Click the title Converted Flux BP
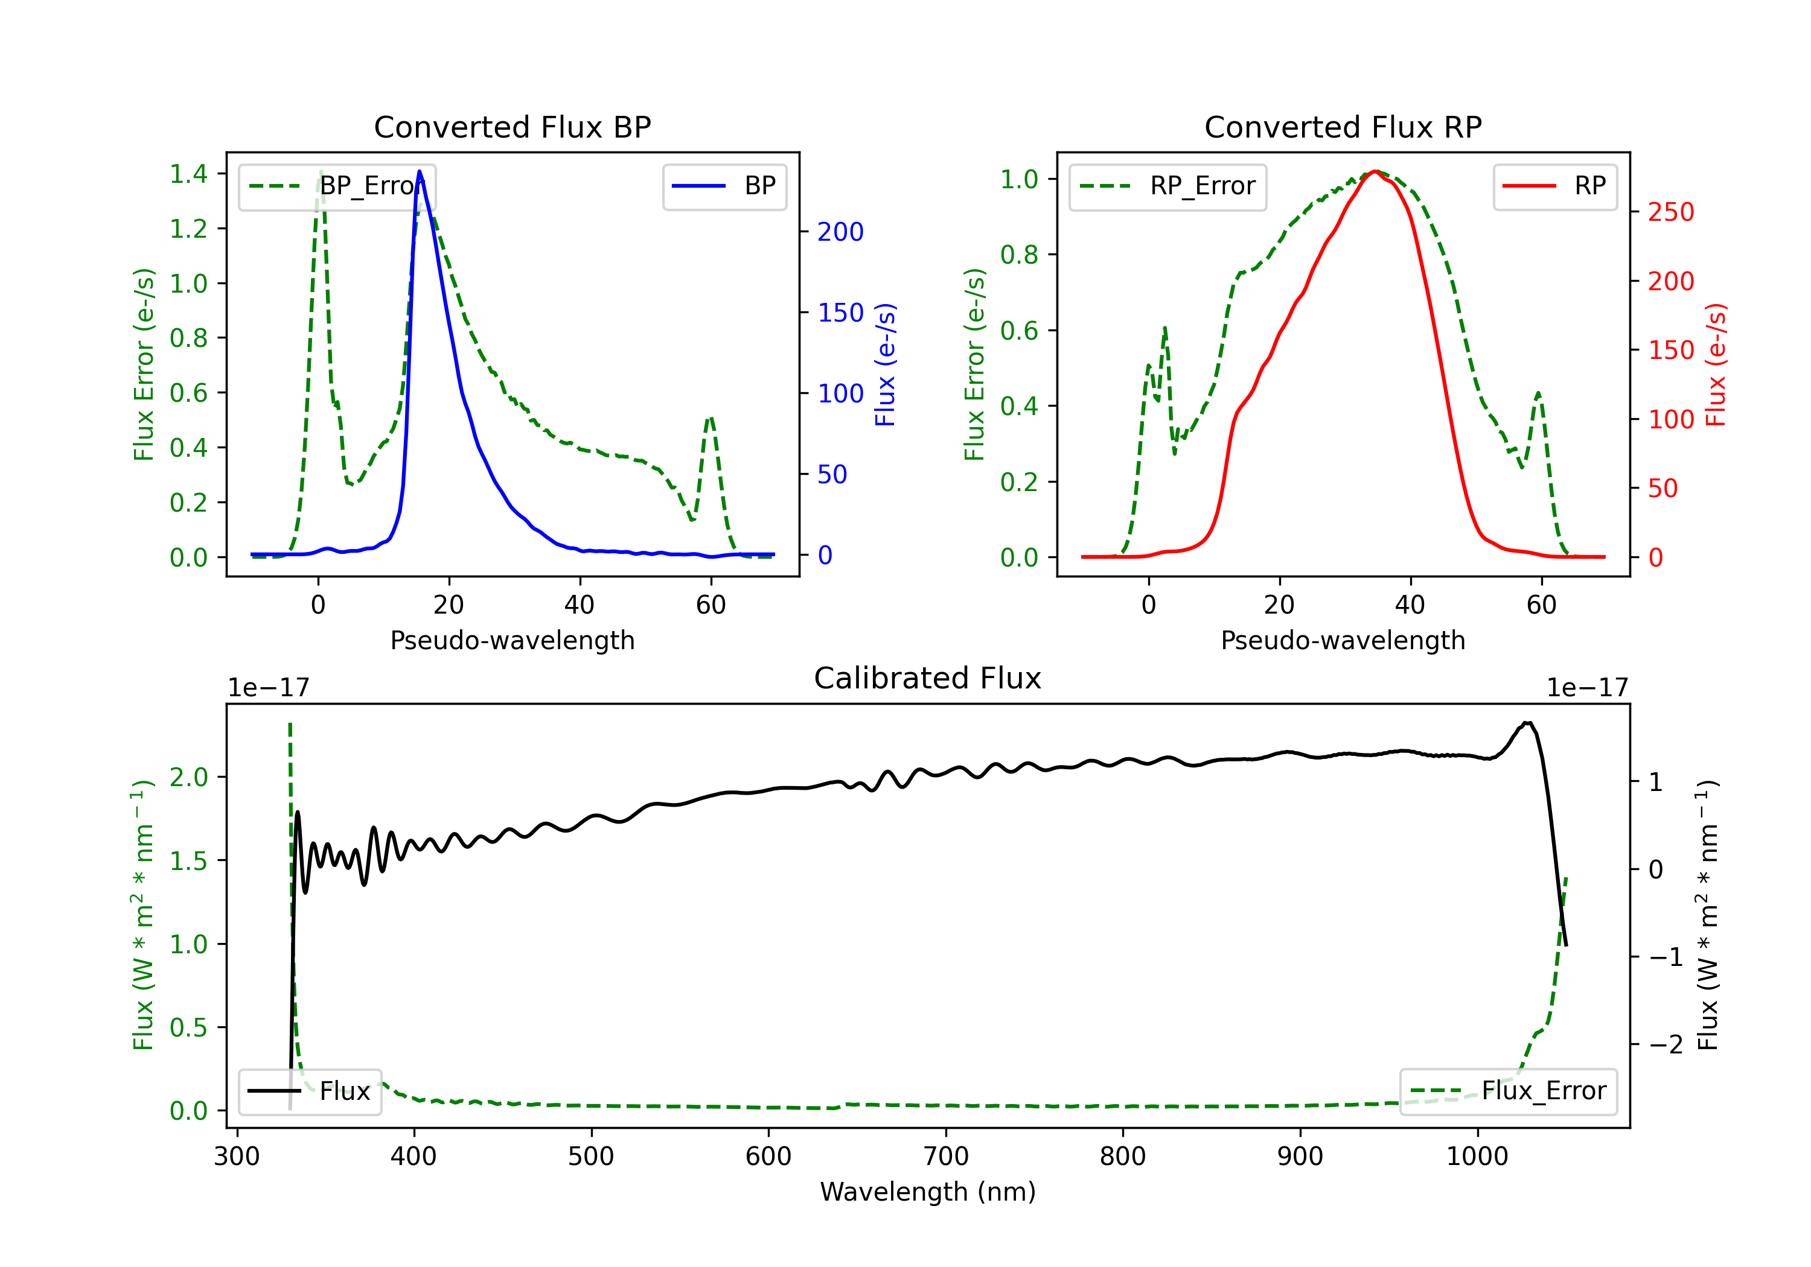click(512, 127)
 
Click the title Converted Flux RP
click(1343, 127)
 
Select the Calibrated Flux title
click(928, 678)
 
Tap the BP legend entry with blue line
click(724, 186)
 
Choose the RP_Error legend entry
click(1167, 186)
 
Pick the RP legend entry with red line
click(1554, 186)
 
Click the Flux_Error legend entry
click(1507, 1091)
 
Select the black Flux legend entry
click(308, 1091)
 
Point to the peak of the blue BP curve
click(420, 171)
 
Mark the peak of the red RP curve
click(1375, 171)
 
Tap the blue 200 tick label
click(840, 232)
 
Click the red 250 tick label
click(1670, 212)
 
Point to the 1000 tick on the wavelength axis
click(1477, 1157)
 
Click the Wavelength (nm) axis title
click(928, 1192)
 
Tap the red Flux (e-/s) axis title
click(1716, 364)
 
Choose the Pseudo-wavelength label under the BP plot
click(512, 640)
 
